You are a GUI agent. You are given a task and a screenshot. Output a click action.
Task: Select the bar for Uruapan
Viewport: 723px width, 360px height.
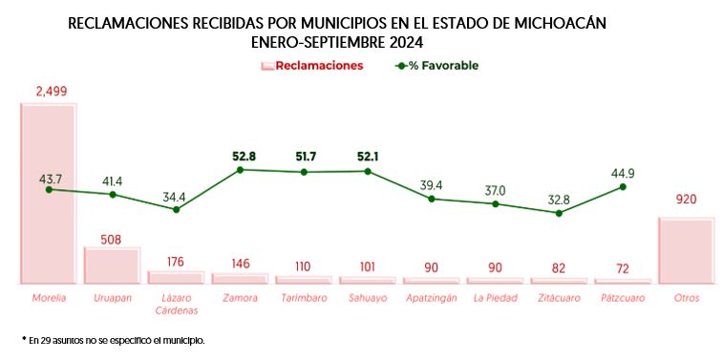click(112, 265)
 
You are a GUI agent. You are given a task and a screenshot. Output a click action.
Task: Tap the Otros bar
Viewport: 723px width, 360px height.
click(686, 250)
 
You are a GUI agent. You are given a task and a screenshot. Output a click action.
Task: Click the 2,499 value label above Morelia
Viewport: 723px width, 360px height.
click(50, 92)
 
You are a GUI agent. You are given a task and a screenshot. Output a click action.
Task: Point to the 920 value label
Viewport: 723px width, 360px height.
click(686, 201)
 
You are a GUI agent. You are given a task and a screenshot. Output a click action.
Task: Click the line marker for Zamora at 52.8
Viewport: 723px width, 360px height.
click(240, 170)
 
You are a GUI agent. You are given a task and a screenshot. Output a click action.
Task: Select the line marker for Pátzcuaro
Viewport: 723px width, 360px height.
click(623, 187)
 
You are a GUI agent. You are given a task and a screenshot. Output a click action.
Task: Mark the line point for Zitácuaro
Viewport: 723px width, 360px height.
click(559, 213)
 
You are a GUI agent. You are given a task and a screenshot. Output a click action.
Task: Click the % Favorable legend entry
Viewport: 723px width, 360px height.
click(436, 66)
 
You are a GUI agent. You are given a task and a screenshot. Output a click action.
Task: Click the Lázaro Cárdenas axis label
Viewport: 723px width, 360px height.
click(176, 304)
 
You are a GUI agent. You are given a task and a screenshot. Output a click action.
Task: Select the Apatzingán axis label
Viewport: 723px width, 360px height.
click(431, 298)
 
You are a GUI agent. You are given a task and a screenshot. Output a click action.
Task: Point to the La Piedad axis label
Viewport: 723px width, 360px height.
click(495, 298)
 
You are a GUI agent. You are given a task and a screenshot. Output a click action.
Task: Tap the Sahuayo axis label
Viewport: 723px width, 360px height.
click(367, 298)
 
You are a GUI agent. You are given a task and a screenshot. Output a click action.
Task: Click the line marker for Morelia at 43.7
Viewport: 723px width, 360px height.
click(48, 189)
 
